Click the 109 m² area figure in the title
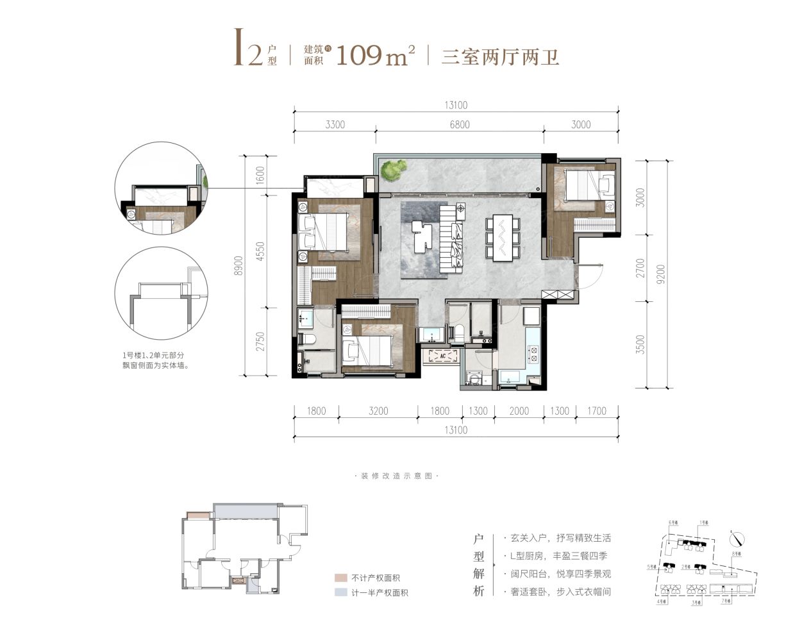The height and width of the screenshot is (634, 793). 374,56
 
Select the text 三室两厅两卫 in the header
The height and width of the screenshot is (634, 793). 500,57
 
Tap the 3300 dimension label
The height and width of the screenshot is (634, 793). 335,124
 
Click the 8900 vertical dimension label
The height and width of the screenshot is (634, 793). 238,265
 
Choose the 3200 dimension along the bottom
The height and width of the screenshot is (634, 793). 378,411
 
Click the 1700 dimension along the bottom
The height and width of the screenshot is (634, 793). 596,411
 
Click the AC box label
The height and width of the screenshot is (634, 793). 441,355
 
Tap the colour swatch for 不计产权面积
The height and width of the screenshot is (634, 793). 340,578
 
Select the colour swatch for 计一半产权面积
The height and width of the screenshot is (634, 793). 340,593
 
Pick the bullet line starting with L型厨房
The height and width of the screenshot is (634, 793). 555,556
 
